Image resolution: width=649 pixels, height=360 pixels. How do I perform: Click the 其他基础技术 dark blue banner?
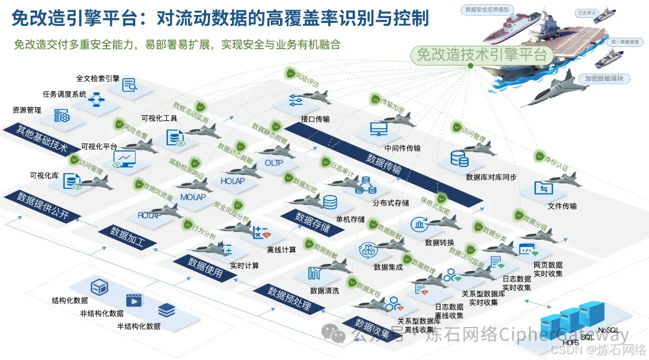pos(34,140)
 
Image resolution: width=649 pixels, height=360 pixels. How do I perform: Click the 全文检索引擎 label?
pos(97,79)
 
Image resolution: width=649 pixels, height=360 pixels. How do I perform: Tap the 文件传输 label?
pos(562,206)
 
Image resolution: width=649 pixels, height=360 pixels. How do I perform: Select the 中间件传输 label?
pos(402,148)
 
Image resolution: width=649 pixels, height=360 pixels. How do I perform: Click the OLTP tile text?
pos(273,163)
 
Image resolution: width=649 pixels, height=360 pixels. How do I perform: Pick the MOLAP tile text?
pos(193,197)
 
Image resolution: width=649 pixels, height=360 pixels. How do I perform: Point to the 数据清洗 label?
pos(324,291)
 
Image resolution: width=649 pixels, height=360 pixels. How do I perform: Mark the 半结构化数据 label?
pos(139,326)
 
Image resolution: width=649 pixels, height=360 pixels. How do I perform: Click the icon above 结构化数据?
pos(99,287)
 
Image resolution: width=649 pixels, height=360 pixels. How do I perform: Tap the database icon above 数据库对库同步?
pos(460,159)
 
